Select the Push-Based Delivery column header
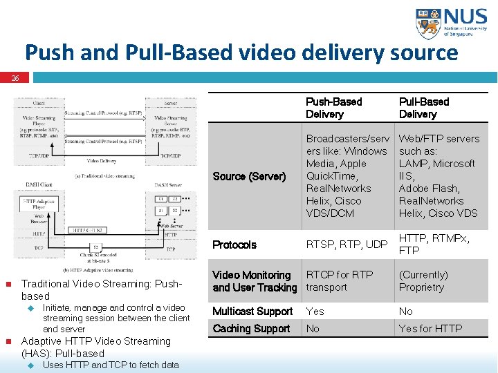334,108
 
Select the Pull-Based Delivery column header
424,108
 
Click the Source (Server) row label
249,176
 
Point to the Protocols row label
234,245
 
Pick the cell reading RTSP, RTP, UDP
347,245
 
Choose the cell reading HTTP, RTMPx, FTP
434,245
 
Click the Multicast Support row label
252,311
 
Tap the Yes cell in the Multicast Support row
315,311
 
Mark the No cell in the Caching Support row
313,328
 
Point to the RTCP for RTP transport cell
340,280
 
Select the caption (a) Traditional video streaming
105,175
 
